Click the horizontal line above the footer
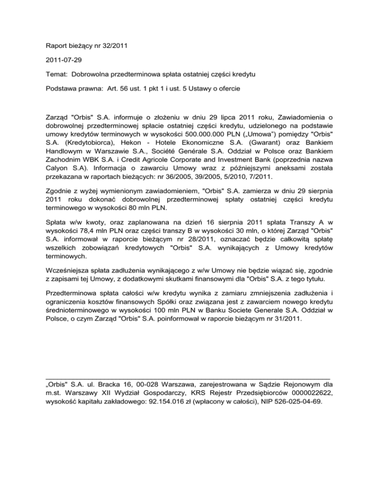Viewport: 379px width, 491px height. [x=188, y=377]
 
